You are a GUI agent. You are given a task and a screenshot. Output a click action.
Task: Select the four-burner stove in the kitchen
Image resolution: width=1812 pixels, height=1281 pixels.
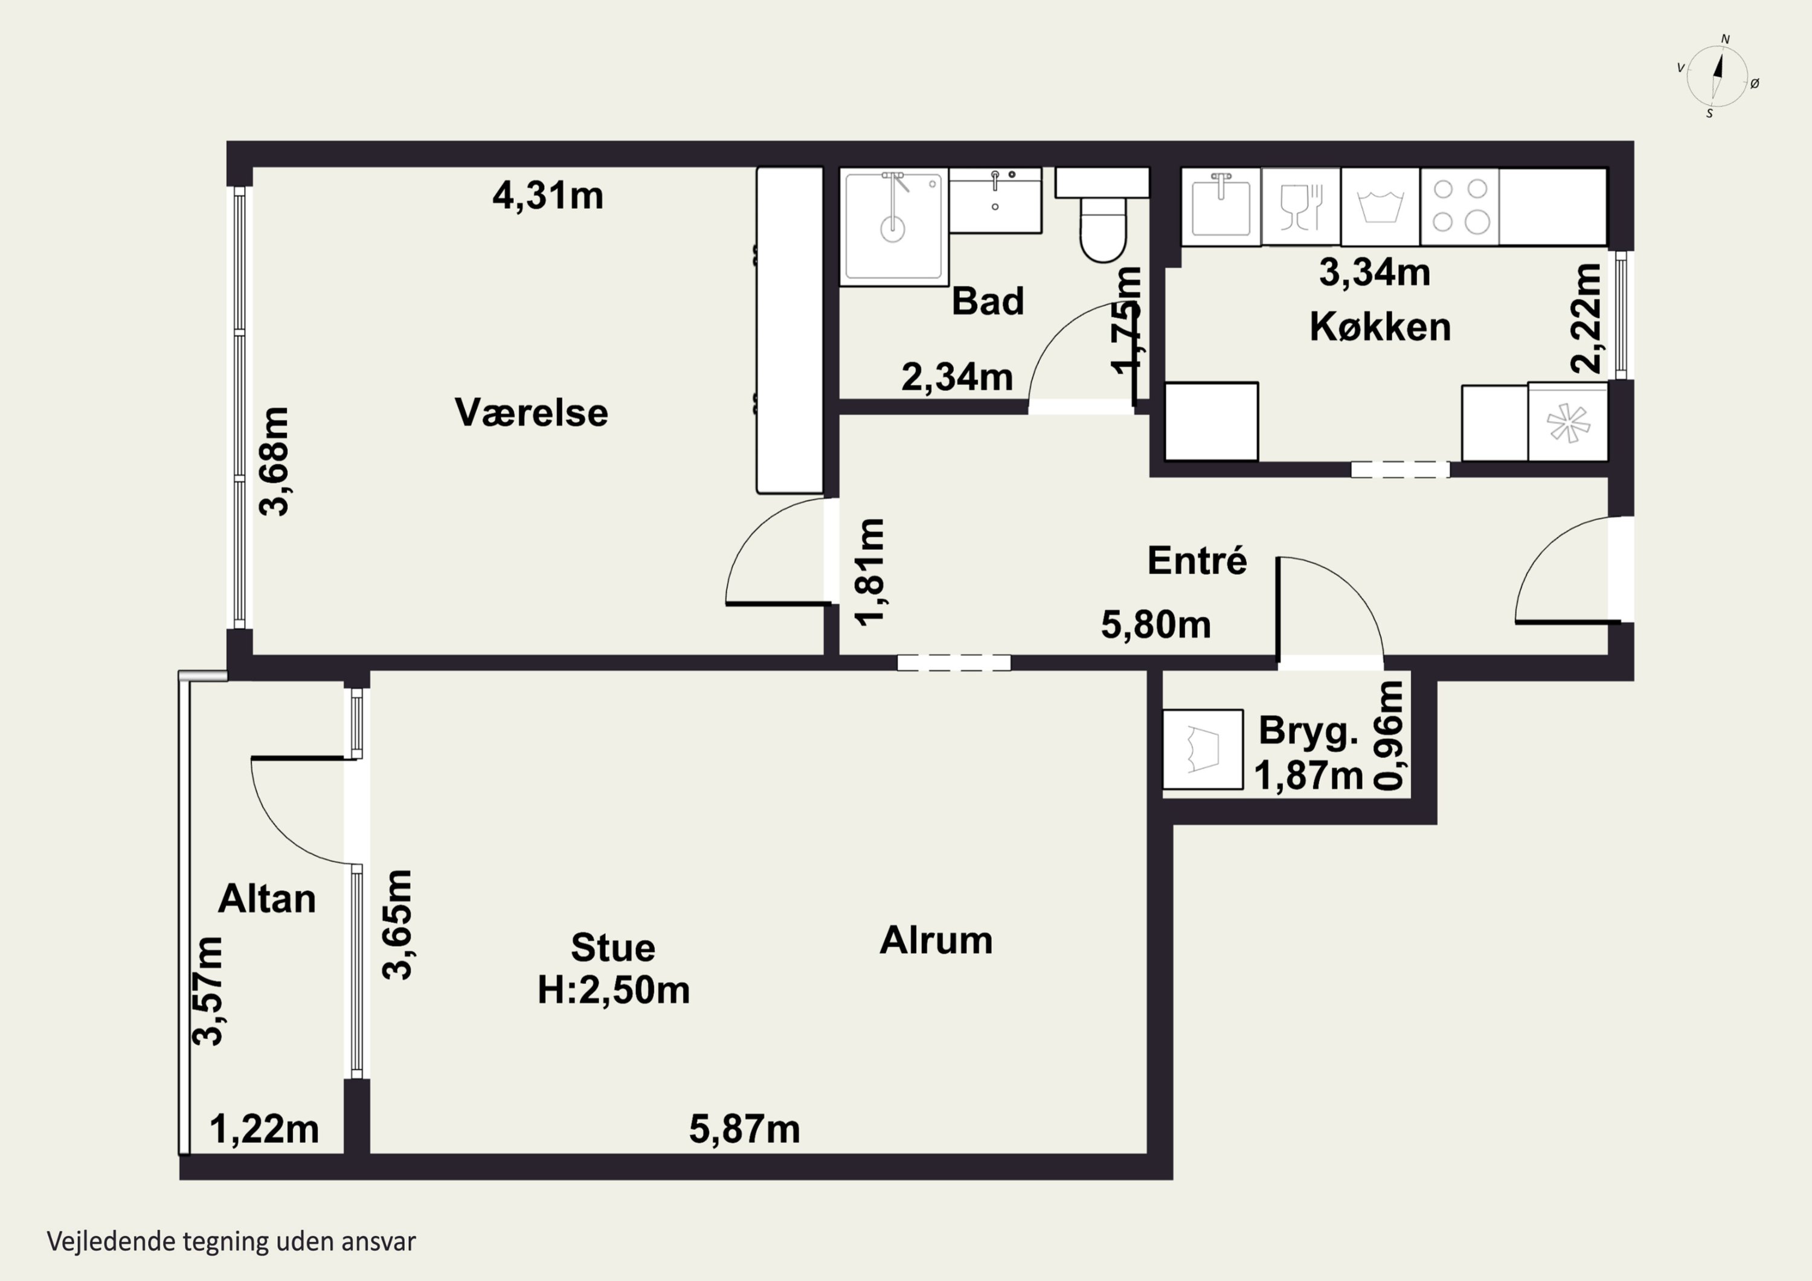click(1459, 206)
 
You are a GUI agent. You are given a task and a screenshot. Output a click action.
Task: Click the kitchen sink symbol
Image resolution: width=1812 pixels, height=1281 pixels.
click(1221, 206)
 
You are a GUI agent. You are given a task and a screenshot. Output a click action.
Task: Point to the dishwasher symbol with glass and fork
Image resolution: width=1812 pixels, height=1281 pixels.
click(1300, 206)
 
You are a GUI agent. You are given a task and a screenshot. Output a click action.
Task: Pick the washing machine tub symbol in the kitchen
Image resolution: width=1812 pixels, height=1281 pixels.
click(1380, 206)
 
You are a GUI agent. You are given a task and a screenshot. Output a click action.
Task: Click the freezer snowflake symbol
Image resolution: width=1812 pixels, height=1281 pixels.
click(1567, 422)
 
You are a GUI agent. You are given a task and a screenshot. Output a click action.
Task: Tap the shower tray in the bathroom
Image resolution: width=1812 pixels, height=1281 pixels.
click(893, 226)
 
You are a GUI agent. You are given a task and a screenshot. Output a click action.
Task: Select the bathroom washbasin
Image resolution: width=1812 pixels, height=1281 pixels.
click(995, 200)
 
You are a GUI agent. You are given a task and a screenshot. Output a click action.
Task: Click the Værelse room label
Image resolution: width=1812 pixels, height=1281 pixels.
click(531, 413)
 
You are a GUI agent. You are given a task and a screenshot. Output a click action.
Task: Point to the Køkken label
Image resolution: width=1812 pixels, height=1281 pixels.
click(1380, 327)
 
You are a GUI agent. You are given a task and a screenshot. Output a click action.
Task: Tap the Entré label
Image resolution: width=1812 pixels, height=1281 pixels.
click(1197, 560)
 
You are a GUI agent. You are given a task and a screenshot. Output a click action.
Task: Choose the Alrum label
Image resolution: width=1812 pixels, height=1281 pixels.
click(936, 940)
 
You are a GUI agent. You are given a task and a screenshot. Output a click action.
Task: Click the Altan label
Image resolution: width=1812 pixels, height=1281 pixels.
click(267, 898)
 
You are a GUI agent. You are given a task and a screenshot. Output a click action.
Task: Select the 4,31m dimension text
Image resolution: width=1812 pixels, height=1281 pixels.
click(548, 195)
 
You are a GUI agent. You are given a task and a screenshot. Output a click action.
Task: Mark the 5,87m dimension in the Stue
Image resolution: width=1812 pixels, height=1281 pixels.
click(744, 1129)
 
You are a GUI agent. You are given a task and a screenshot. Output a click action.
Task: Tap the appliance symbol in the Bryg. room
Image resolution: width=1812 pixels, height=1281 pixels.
click(1203, 749)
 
